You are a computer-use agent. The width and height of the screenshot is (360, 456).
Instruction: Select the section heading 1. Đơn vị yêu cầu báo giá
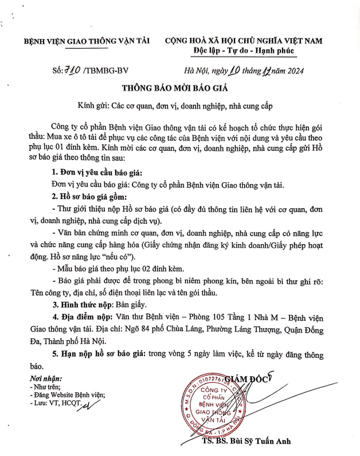pos(98,173)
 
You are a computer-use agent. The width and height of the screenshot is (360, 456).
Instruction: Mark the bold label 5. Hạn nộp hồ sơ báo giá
pos(99,353)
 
